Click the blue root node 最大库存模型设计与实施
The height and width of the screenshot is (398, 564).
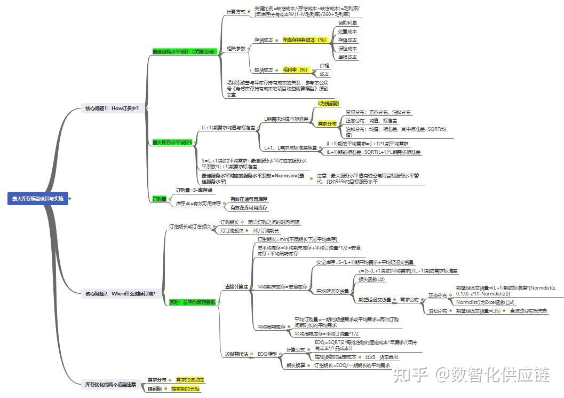point(38,199)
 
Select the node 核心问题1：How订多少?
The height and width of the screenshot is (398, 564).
point(112,108)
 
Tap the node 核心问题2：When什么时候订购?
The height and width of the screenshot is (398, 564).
point(120,293)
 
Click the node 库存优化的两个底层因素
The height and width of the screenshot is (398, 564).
point(110,384)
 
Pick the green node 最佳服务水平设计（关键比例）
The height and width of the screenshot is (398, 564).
point(184,51)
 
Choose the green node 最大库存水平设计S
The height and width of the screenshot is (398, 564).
point(172,143)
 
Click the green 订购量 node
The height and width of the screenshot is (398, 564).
point(159,199)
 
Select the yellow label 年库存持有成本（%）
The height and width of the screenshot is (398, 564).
point(304,40)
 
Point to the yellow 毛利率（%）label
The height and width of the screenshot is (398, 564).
point(296,70)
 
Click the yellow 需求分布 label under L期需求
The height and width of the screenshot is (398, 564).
point(327,124)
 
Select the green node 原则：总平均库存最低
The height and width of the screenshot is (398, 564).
point(192,302)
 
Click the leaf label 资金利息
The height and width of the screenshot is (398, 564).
point(348,24)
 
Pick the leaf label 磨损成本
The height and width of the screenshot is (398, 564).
point(348,57)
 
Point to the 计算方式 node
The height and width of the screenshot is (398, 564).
point(236,12)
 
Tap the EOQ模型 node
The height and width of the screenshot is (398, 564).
point(267,354)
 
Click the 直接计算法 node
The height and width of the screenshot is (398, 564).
point(236,287)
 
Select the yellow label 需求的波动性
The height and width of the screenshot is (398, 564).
point(190,380)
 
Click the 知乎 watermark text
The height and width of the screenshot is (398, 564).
point(410,375)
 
